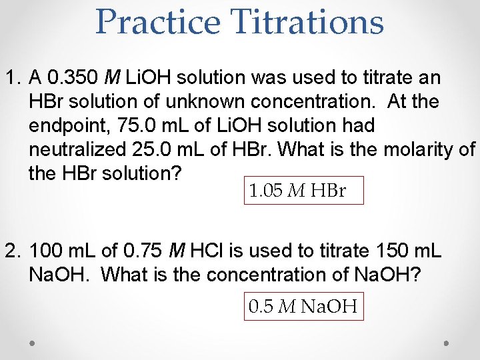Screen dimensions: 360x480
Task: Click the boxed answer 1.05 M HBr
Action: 297,191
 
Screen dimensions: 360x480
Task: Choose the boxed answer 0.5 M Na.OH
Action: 303,307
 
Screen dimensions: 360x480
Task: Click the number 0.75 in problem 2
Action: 144,251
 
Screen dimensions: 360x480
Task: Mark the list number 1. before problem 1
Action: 13,78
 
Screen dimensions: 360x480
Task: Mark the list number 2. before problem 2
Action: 13,251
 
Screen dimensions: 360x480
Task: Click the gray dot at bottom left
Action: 33,343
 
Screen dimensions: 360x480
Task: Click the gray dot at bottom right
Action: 447,343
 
